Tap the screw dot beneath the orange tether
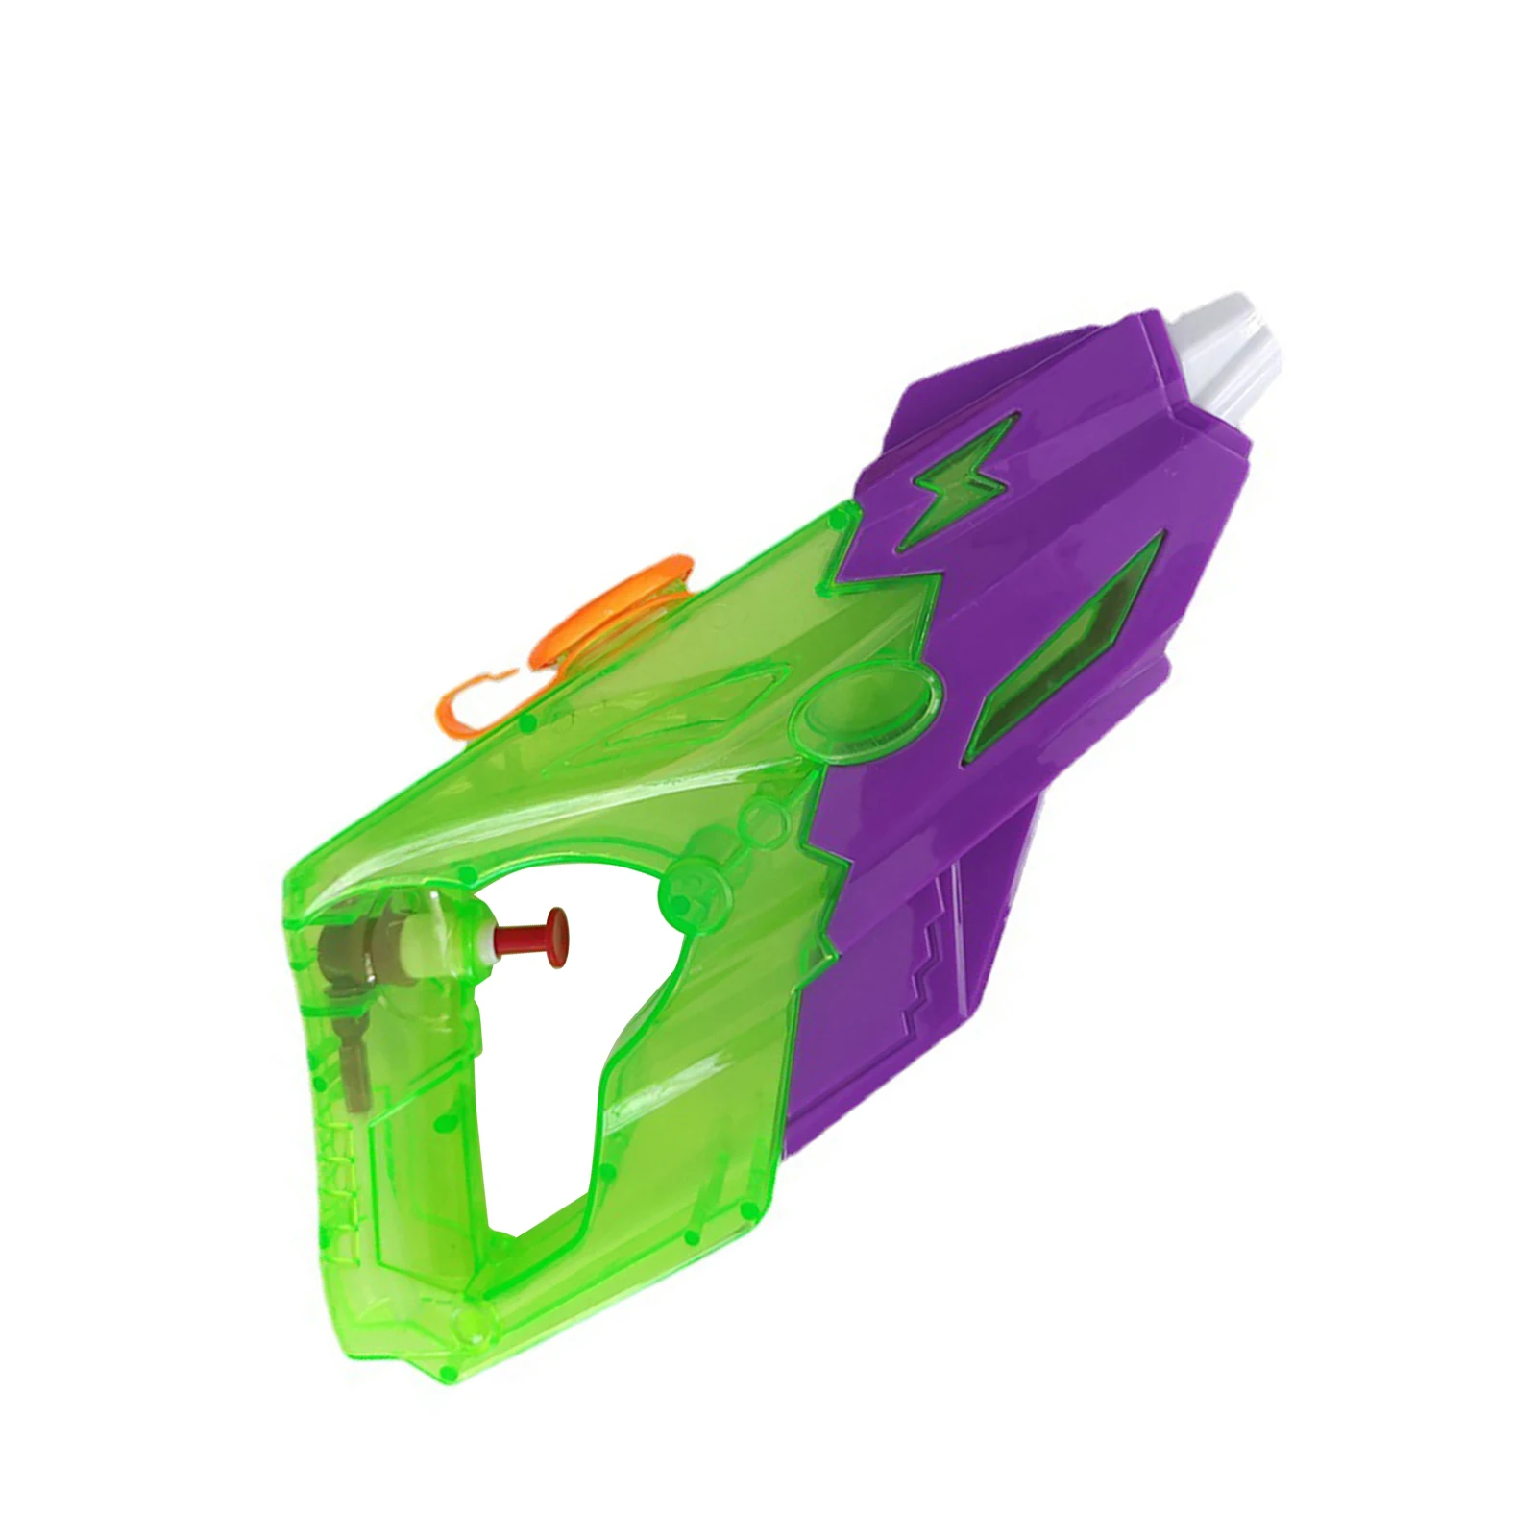pyautogui.click(x=527, y=723)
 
